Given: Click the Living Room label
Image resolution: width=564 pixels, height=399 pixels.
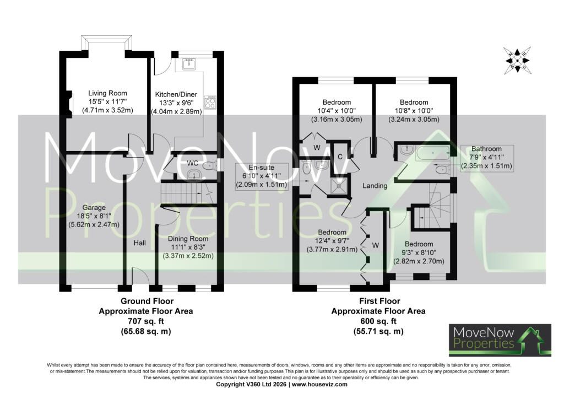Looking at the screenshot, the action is coord(107,94).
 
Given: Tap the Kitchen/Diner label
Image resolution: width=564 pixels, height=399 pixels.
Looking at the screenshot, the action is coord(176,95).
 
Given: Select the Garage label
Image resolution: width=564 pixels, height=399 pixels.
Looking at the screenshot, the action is coord(94,208).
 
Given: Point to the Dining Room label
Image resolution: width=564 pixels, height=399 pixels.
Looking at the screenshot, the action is coord(188,239).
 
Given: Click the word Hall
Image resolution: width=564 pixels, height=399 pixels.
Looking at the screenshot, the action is coord(139,243).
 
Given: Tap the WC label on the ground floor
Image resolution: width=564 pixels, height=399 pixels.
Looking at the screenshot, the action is coord(192,163).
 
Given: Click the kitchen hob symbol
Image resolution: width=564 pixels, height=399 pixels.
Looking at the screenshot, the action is coord(210,103).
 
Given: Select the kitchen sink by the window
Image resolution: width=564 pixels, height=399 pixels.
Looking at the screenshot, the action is coord(188,64).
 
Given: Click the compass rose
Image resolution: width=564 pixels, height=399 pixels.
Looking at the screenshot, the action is coord(517,60).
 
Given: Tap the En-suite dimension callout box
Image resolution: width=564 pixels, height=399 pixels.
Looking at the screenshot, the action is coord(262,176).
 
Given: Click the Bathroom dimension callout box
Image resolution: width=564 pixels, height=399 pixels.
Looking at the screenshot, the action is coord(487,157).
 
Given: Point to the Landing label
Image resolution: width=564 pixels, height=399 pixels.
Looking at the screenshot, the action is coord(375,186).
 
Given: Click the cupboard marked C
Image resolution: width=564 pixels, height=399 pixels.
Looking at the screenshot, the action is coord(340,157).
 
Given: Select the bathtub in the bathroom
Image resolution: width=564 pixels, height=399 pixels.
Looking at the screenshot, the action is coord(432,153).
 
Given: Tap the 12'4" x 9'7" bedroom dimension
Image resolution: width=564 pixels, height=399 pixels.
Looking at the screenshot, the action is coord(332,241).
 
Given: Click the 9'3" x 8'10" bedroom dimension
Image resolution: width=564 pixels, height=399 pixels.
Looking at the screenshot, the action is coord(419,252).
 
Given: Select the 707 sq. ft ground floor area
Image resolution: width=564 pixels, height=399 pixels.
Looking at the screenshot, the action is coord(146,321).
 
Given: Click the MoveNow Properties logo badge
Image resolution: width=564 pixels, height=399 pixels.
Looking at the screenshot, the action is coord(500,341).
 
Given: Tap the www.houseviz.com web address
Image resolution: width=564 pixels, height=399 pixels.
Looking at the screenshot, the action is coord(319,384).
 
